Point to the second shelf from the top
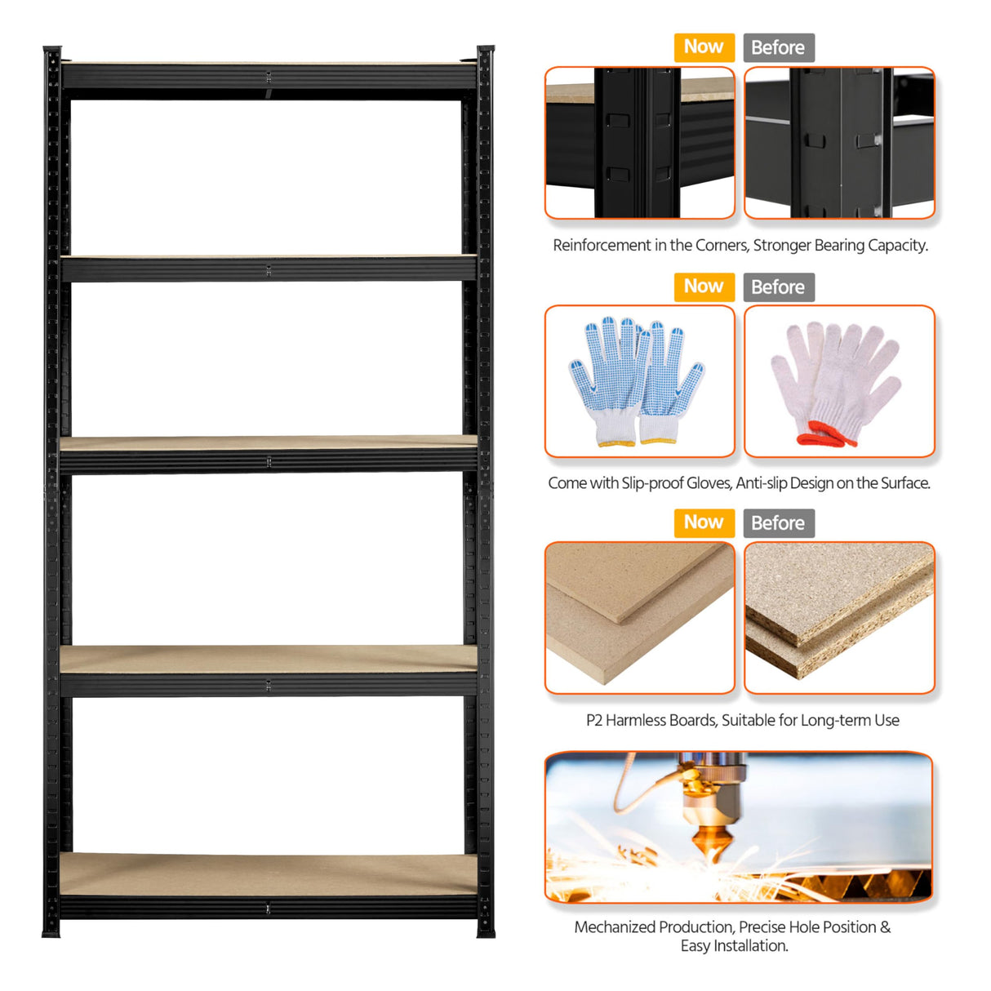[x=269, y=268]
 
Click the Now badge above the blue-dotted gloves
[x=704, y=287]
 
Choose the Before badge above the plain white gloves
[x=778, y=287]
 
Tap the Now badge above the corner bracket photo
[x=704, y=47]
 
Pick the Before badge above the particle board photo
[x=778, y=523]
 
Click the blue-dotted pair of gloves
[x=638, y=380]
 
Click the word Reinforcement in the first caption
[x=601, y=246]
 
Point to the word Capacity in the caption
[x=898, y=246]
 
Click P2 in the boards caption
[x=593, y=721]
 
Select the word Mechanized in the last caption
[x=615, y=927]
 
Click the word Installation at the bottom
[x=751, y=946]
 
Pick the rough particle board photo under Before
[x=839, y=618]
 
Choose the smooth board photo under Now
[x=639, y=618]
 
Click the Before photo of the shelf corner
[x=839, y=143]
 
